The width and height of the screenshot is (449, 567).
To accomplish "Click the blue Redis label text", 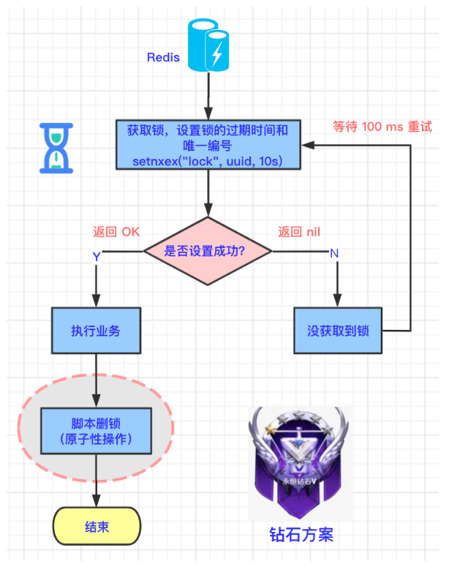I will pyautogui.click(x=163, y=57).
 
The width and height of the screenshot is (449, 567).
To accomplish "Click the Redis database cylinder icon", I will pyautogui.click(x=209, y=46).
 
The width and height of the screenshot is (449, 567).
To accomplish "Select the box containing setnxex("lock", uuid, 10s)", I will pyautogui.click(x=208, y=145).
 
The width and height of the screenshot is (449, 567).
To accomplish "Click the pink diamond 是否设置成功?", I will pyautogui.click(x=208, y=251).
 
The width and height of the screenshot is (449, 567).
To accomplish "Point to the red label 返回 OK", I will pyautogui.click(x=116, y=232).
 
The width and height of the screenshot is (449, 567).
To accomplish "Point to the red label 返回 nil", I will pyautogui.click(x=299, y=232).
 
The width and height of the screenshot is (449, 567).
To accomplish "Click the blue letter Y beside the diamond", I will pyautogui.click(x=96, y=256).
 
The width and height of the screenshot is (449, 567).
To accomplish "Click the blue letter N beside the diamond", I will pyautogui.click(x=334, y=253).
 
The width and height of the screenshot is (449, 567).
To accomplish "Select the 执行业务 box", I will pyautogui.click(x=96, y=330).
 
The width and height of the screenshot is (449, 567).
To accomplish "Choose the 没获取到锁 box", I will pyautogui.click(x=338, y=330).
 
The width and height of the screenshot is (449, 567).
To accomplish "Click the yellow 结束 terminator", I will pyautogui.click(x=97, y=527).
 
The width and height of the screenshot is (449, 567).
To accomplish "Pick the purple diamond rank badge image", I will pyautogui.click(x=299, y=462).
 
